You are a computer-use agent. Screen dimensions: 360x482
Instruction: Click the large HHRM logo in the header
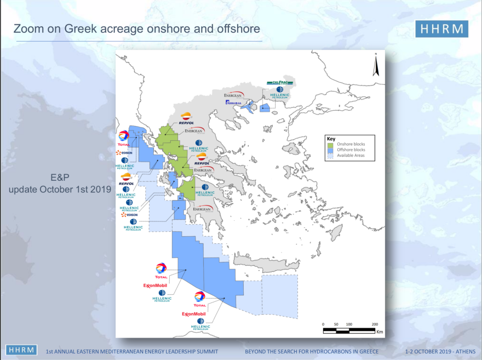point(441,29)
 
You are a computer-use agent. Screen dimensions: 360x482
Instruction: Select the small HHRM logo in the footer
point(21,350)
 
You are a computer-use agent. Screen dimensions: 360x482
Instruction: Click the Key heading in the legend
point(331,139)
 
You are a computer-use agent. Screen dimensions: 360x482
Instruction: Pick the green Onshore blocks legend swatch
point(330,144)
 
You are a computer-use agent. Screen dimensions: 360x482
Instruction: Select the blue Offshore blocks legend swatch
point(330,150)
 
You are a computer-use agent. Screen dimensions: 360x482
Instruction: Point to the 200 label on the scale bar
point(375,324)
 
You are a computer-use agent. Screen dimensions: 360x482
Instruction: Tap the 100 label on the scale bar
point(349,324)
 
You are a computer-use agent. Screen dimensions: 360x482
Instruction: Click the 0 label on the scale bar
point(323,324)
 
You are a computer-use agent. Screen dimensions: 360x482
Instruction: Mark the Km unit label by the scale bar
point(379,332)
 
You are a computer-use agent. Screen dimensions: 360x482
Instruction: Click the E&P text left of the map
point(60,177)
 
